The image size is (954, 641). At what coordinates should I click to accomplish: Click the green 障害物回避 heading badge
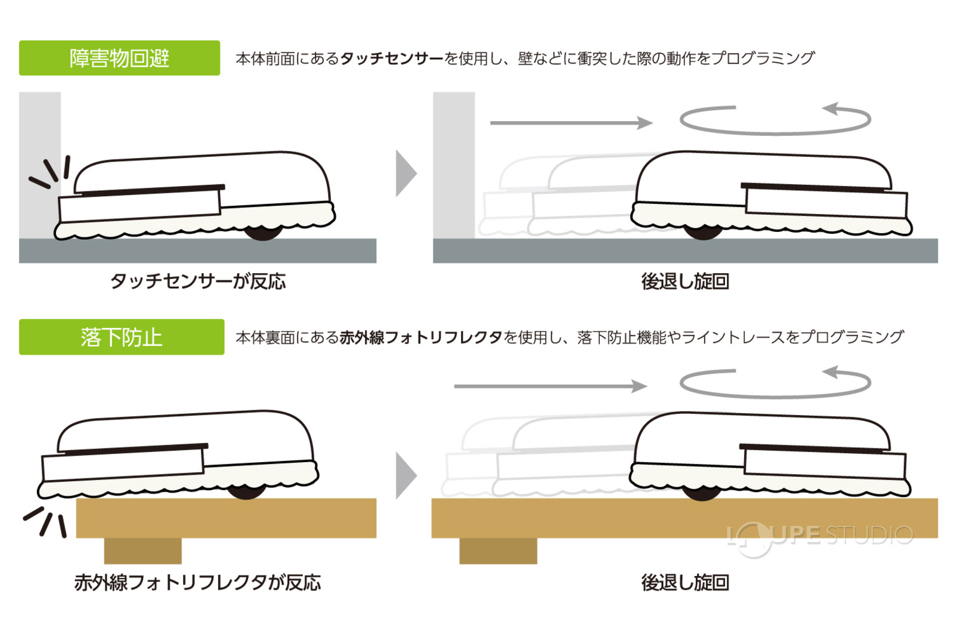(119, 58)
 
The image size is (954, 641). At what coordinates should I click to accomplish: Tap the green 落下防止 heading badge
(122, 337)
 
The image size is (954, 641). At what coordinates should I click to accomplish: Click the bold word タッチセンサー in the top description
(392, 58)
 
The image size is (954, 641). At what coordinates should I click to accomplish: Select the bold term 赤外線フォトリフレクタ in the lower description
(421, 337)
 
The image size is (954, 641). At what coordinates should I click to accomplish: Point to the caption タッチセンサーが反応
(198, 281)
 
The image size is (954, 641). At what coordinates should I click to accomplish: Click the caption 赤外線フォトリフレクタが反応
(197, 583)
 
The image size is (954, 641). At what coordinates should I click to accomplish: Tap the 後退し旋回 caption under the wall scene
(685, 281)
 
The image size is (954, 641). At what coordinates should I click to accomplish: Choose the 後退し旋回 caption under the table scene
(685, 583)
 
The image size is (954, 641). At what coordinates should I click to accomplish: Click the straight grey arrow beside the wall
(572, 123)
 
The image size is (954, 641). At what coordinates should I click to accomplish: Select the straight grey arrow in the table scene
(551, 386)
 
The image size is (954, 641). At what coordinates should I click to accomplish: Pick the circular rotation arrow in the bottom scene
(775, 397)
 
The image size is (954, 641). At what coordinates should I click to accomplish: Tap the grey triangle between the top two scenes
(405, 174)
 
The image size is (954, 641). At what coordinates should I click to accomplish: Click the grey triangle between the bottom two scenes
(405, 475)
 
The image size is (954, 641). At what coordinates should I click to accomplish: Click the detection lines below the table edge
(45, 522)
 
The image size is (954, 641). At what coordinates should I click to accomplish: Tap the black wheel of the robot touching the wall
(263, 234)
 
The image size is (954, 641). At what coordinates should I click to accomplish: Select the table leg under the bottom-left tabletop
(143, 551)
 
